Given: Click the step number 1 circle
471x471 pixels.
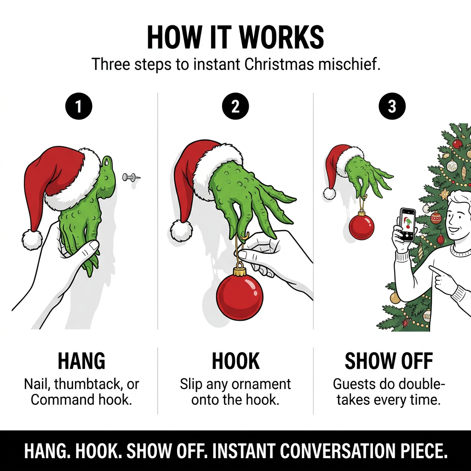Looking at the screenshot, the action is tap(79, 106).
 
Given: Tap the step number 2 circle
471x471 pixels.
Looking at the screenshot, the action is tap(235, 106).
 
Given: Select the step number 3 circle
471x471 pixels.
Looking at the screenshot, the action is tap(392, 106).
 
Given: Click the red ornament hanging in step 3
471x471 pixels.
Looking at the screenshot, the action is tap(362, 226).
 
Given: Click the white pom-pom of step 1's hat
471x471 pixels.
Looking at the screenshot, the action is tap(32, 240).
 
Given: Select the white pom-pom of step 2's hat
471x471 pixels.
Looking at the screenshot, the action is tap(181, 230).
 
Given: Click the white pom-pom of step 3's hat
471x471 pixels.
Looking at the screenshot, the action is tap(329, 194).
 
